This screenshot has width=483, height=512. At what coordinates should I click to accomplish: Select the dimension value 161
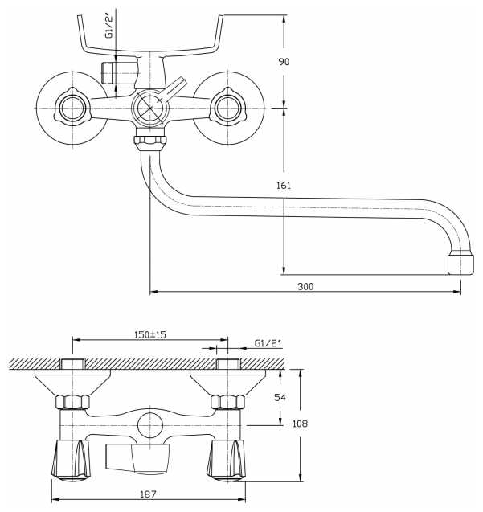283,186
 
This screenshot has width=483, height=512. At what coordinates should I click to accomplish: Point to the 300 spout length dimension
305,286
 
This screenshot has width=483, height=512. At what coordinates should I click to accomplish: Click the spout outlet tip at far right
460,263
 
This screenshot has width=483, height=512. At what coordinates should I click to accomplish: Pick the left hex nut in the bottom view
71,402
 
